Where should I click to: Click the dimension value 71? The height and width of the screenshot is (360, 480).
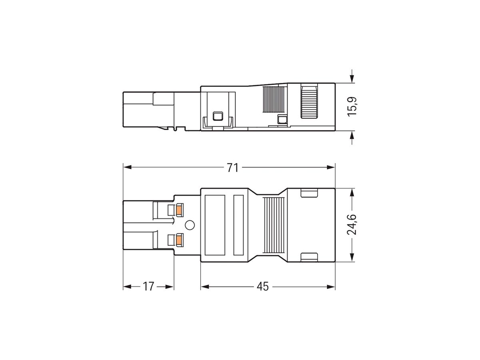point(232,168)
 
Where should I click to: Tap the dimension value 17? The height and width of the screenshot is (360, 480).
point(148,287)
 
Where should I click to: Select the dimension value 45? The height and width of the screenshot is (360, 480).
point(263,287)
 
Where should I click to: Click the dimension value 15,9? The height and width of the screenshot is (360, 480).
point(352,107)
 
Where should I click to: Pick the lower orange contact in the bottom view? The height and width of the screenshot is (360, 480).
point(179,240)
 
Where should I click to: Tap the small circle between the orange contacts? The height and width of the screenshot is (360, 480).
point(190,225)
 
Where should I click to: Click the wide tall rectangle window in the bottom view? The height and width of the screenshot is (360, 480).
point(215,225)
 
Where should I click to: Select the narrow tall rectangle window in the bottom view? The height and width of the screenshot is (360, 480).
point(238,225)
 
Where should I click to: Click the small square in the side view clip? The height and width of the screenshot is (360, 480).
point(218,116)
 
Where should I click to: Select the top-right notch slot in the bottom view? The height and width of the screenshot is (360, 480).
point(308,194)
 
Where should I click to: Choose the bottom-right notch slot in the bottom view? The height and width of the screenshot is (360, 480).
point(308,256)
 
